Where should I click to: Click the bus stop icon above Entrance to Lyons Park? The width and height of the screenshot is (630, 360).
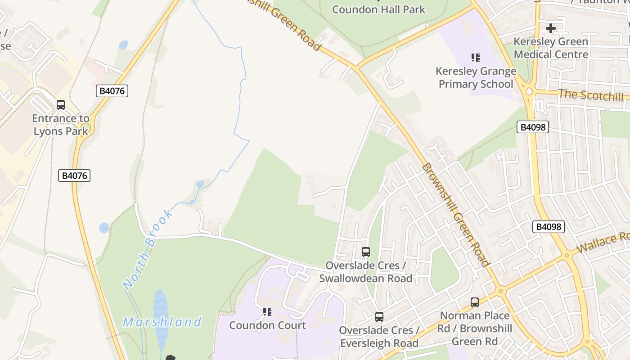pyautogui.click(x=61, y=105)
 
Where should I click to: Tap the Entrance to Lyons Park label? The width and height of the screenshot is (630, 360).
pyautogui.click(x=61, y=125)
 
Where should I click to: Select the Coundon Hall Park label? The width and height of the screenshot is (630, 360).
pyautogui.click(x=378, y=9)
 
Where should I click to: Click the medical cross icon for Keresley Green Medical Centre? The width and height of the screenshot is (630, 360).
pyautogui.click(x=550, y=28)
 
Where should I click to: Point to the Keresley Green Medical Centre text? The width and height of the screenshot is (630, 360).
pyautogui.click(x=551, y=48)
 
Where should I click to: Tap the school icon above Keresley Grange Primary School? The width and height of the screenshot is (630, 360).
pyautogui.click(x=476, y=58)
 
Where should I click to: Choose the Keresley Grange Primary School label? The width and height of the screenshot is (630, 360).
pyautogui.click(x=476, y=77)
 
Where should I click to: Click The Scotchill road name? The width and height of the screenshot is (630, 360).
pyautogui.click(x=591, y=95)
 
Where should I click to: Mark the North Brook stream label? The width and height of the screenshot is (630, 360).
pyautogui.click(x=148, y=249)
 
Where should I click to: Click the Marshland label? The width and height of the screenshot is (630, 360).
pyautogui.click(x=162, y=322)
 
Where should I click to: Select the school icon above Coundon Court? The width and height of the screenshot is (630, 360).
pyautogui.click(x=267, y=311)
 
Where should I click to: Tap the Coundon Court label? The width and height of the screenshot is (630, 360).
pyautogui.click(x=267, y=325)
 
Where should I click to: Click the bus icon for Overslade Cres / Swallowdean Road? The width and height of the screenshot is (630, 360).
pyautogui.click(x=366, y=252)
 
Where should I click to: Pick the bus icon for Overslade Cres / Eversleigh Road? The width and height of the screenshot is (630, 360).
pyautogui.click(x=379, y=317)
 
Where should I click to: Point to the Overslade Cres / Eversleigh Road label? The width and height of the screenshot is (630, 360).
pyautogui.click(x=379, y=337)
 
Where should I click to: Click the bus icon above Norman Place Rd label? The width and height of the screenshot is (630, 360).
pyautogui.click(x=475, y=302)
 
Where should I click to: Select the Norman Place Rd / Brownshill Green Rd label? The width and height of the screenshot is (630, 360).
pyautogui.click(x=475, y=328)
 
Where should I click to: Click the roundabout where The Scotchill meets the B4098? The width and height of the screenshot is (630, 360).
pyautogui.click(x=529, y=91)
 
